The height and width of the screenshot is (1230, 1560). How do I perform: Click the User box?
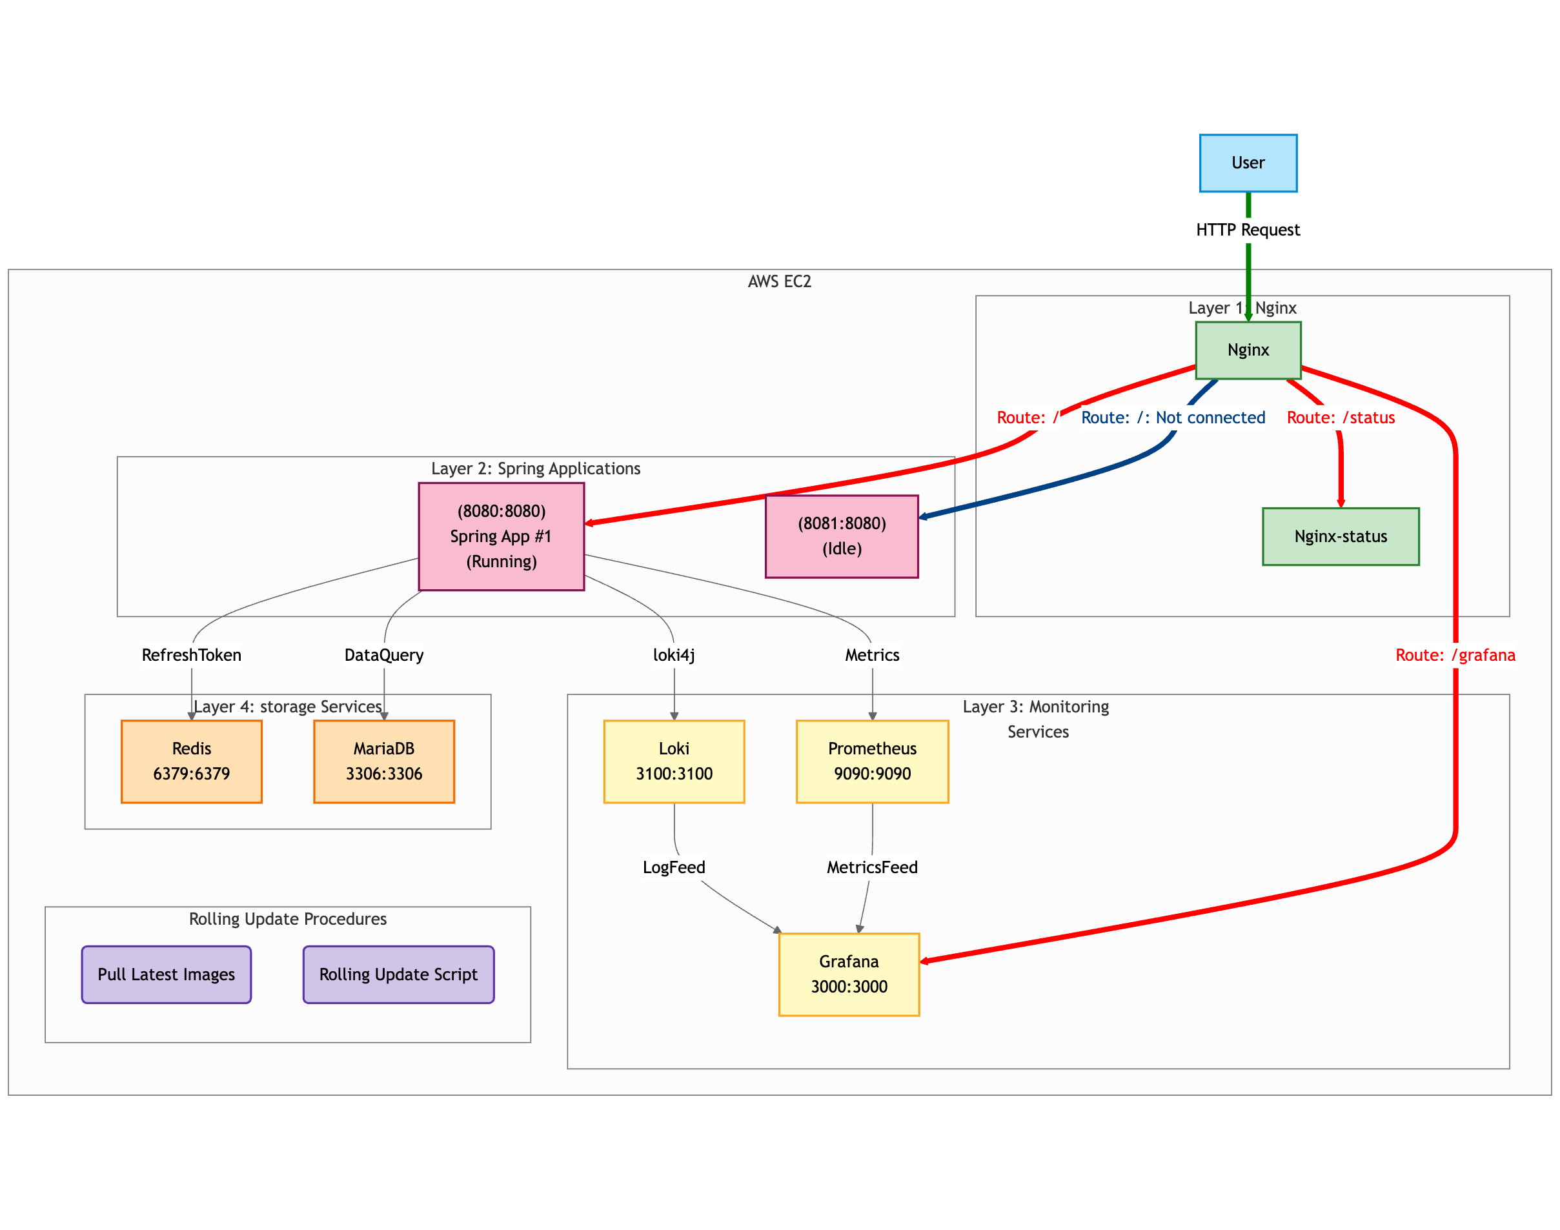click(x=1248, y=163)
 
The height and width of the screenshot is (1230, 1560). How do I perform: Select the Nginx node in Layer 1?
click(x=1248, y=350)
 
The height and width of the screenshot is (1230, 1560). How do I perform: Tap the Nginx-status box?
click(x=1340, y=536)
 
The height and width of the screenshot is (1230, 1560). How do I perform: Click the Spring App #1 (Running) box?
click(x=501, y=536)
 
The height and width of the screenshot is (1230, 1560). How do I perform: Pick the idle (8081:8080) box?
click(x=841, y=536)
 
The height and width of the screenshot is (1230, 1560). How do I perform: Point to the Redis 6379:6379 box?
click(x=192, y=761)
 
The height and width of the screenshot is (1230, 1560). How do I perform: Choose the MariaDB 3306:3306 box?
click(x=384, y=761)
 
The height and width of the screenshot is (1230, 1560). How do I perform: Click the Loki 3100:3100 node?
click(x=673, y=761)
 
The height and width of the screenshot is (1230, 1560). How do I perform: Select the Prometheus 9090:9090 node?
click(x=871, y=761)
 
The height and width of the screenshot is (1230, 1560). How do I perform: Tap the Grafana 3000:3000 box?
click(x=849, y=974)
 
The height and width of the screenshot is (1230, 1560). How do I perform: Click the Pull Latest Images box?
click(x=167, y=974)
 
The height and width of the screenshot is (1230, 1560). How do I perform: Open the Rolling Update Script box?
click(x=398, y=974)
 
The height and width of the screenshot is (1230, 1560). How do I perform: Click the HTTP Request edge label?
click(x=1248, y=230)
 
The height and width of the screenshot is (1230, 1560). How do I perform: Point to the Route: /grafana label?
click(x=1455, y=655)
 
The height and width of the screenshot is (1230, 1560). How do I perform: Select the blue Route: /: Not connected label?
click(x=1173, y=418)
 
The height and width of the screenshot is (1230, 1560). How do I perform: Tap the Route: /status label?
click(x=1341, y=418)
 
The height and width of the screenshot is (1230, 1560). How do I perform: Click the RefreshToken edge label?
click(x=192, y=655)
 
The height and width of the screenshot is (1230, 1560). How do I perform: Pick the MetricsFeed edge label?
click(x=871, y=867)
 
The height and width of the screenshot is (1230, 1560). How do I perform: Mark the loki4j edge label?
click(x=673, y=655)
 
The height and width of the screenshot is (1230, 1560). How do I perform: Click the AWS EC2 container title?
click(x=779, y=281)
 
